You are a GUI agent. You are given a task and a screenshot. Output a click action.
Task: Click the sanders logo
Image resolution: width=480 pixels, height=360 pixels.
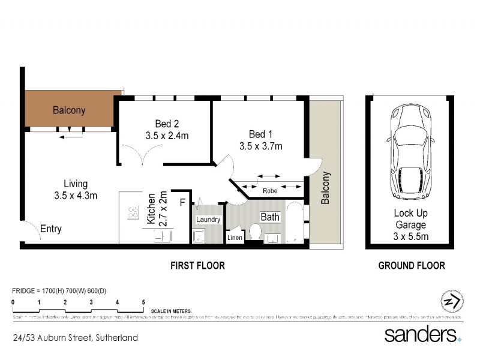(422, 334)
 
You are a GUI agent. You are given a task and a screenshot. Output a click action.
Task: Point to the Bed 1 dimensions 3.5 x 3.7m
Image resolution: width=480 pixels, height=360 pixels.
(260, 146)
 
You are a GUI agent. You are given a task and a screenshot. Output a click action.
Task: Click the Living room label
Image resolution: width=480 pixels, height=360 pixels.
(76, 184)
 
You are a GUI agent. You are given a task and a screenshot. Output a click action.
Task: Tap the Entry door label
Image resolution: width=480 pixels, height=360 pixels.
(51, 229)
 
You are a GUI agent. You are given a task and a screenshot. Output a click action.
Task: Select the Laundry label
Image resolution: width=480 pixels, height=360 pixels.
(208, 220)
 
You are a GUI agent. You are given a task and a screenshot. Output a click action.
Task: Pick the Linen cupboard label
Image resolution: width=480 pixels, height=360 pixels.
(234, 238)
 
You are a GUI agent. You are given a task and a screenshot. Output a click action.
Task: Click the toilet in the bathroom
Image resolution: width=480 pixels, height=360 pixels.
(254, 232)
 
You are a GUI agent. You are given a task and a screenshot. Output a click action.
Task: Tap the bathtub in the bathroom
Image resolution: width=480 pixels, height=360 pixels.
(296, 224)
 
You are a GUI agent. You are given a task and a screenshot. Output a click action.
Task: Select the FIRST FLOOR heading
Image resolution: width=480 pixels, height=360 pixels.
(197, 265)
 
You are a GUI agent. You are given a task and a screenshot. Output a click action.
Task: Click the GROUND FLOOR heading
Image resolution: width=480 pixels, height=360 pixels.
(412, 265)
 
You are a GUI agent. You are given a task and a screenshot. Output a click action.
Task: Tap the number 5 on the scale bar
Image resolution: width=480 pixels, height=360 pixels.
(143, 302)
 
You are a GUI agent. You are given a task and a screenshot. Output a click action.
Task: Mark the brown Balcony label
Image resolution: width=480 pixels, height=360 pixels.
(69, 110)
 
